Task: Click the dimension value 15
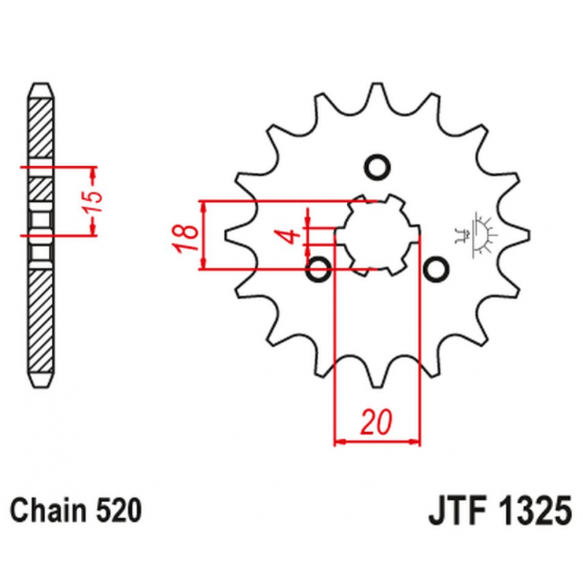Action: (x=93, y=201)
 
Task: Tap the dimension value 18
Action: (x=187, y=239)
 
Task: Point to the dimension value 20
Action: (x=376, y=423)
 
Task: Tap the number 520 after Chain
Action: (x=119, y=510)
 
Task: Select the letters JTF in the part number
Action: (x=458, y=510)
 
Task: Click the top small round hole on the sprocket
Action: (x=377, y=167)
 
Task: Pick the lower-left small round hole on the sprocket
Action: (x=318, y=268)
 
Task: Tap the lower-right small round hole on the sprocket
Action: (x=436, y=268)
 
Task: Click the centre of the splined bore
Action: (x=377, y=235)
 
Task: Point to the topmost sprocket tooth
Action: (x=377, y=93)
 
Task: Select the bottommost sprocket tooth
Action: (x=377, y=377)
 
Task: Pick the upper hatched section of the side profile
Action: (x=41, y=128)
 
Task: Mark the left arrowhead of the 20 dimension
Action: (x=340, y=442)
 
